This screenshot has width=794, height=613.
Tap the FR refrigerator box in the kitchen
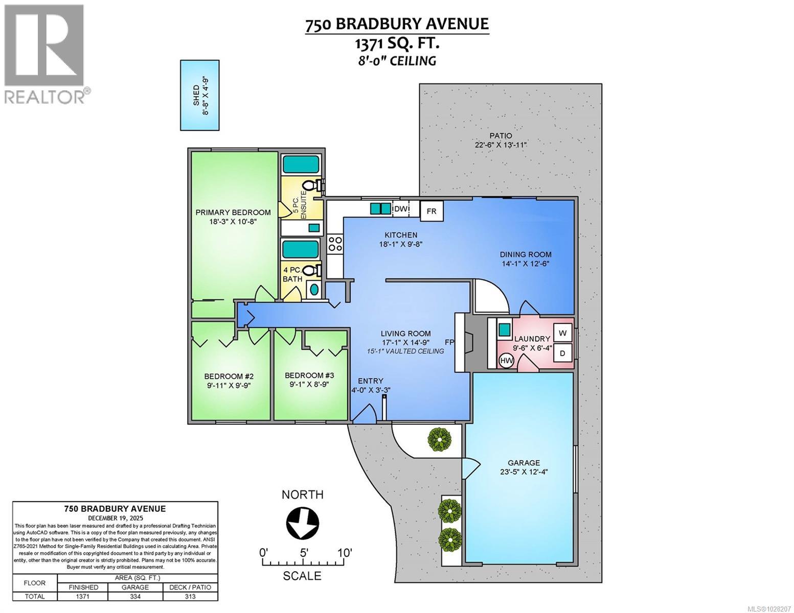[x=431, y=211]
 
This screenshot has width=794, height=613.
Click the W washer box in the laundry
[x=563, y=333]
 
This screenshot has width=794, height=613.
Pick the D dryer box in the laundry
[x=563, y=353]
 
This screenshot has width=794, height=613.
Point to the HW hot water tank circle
[x=506, y=361]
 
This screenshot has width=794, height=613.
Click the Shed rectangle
[x=200, y=95]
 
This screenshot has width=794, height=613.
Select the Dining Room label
[x=526, y=254]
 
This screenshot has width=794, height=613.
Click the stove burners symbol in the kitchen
[x=335, y=243]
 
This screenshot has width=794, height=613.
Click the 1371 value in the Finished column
[x=83, y=596]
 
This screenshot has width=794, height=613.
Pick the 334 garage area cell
[x=135, y=596]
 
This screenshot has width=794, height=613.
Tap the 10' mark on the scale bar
[x=345, y=553]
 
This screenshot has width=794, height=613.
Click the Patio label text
[x=501, y=135]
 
